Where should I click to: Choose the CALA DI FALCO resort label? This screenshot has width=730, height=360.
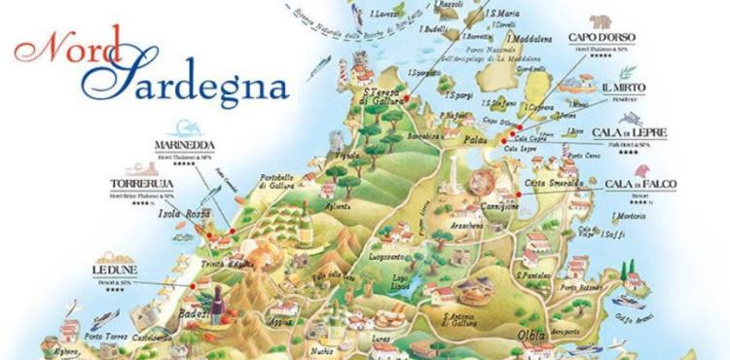click(x=640, y=183)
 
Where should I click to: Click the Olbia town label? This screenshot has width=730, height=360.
click(x=534, y=340)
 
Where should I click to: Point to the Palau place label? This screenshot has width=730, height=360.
click(x=475, y=140)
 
